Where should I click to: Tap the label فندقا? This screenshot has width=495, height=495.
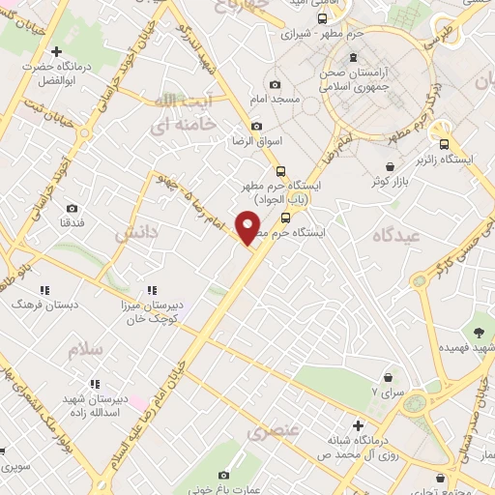pos(73,222)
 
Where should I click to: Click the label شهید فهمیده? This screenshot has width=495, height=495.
pos(475,346)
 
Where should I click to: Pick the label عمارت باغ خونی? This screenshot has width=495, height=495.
pos(224,489)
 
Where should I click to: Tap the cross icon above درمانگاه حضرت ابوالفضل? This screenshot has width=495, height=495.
pos(57,51)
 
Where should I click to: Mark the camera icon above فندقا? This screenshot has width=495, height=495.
pos(73,208)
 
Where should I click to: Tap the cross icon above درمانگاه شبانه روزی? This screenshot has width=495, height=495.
pos(358,425)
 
